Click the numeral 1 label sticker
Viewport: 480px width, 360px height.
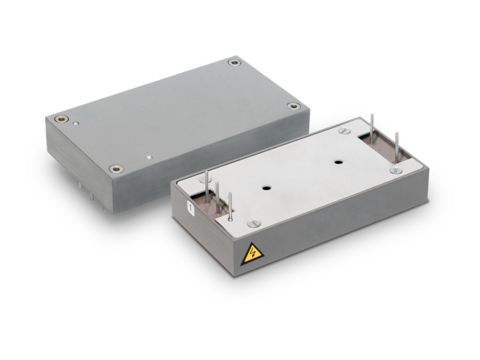point(191,209)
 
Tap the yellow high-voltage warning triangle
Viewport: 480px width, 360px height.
point(252,255)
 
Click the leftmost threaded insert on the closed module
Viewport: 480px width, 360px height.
point(61,119)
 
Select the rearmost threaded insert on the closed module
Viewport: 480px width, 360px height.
point(235,63)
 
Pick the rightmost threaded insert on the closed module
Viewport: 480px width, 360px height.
point(294,106)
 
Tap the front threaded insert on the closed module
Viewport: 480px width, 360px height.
point(117,169)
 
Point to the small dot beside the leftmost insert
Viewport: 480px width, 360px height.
point(76,124)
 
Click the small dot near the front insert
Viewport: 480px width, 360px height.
point(149,157)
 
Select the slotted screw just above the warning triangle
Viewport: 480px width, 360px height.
point(253,223)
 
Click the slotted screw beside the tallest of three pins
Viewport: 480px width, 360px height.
point(203,178)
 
